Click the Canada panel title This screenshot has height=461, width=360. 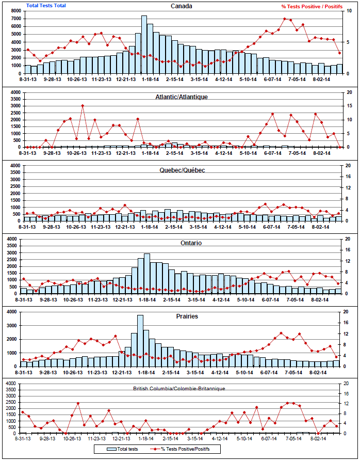181,6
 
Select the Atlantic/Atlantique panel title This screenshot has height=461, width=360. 181,97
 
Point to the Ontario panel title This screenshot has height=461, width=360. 181,243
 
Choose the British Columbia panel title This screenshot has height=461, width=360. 179,387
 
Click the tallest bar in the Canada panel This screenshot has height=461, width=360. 144,45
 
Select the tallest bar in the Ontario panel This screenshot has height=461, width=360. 147,274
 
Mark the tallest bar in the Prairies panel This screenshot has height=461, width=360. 140,341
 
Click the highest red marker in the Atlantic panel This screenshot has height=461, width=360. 83,106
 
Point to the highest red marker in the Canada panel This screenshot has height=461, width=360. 285,19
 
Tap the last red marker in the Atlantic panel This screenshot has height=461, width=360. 339,147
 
